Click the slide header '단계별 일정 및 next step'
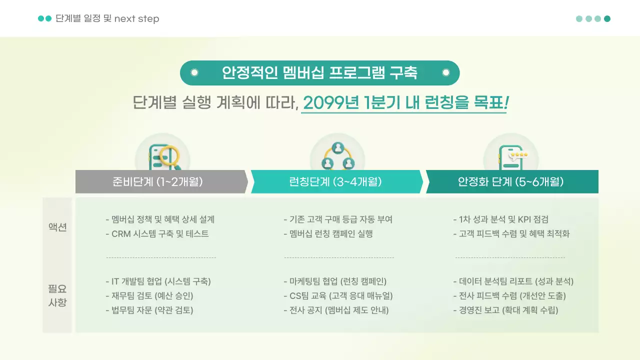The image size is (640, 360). pyautogui.click(x=107, y=19)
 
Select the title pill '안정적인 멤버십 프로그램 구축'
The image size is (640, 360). pyautogui.click(x=319, y=73)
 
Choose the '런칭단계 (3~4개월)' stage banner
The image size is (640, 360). pyautogui.click(x=335, y=181)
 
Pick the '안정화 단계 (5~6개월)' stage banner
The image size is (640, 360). pyautogui.click(x=510, y=181)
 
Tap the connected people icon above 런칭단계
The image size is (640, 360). pyautogui.click(x=337, y=153)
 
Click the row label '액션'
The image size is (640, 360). pyautogui.click(x=57, y=227)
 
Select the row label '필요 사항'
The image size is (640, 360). pyautogui.click(x=57, y=295)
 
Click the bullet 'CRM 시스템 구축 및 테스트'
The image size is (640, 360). pyautogui.click(x=157, y=234)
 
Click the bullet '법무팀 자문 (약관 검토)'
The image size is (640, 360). pyautogui.click(x=149, y=310)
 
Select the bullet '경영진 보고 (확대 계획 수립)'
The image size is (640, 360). pyautogui.click(x=505, y=310)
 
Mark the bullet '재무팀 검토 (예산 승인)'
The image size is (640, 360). pyautogui.click(x=149, y=295)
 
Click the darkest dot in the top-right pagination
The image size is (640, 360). pyautogui.click(x=607, y=19)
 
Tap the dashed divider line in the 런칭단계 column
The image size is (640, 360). pyautogui.click(x=339, y=257)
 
